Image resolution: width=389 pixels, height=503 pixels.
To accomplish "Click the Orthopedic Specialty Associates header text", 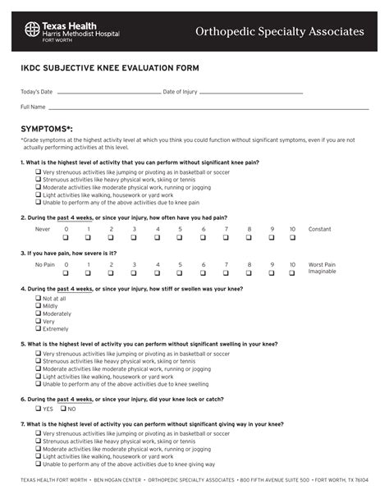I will (x=279, y=31).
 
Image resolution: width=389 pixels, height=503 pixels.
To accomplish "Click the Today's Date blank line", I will (x=107, y=93).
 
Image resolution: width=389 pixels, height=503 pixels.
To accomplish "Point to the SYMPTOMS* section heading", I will (x=47, y=130).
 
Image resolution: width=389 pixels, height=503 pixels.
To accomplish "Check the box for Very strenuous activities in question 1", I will (x=39, y=172).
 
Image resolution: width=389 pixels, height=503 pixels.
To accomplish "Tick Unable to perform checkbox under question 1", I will (x=39, y=202).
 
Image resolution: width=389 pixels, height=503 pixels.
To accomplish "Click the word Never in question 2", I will (x=43, y=229).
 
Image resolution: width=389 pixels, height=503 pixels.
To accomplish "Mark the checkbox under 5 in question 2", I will (x=180, y=238).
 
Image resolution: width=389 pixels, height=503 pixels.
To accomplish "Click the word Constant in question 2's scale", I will (x=320, y=229).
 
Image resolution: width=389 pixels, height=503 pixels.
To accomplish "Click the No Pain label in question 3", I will (x=44, y=265).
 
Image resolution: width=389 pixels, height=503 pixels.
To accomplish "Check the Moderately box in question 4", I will (x=39, y=313).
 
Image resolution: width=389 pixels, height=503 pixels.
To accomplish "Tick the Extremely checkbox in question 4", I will (x=39, y=328).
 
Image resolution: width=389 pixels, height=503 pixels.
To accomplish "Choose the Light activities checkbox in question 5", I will (x=39, y=376).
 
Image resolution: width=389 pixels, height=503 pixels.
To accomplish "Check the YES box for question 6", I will (x=39, y=408).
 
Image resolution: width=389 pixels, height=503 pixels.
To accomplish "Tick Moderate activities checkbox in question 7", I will (x=39, y=449).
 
